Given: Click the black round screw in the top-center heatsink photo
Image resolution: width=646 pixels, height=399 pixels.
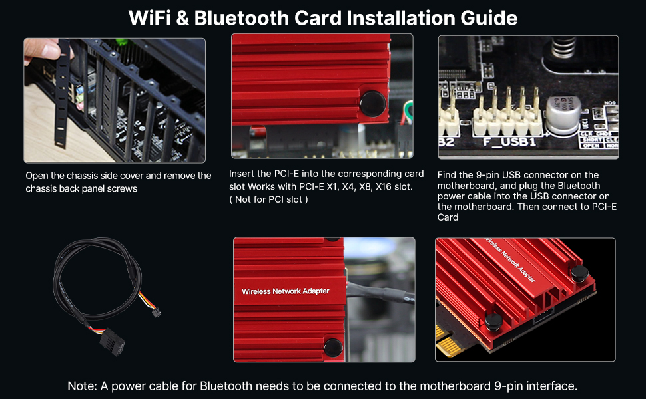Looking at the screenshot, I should [x=371, y=104].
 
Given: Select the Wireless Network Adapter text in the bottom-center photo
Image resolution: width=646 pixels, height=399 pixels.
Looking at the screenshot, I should [x=285, y=291].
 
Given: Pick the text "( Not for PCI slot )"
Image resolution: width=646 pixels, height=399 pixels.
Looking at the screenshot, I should [x=268, y=199].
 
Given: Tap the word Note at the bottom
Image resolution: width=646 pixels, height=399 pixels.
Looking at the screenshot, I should [x=82, y=386].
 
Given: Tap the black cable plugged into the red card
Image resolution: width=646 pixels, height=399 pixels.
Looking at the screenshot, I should [x=373, y=285].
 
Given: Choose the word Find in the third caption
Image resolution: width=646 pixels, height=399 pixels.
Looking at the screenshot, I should [x=448, y=175].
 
